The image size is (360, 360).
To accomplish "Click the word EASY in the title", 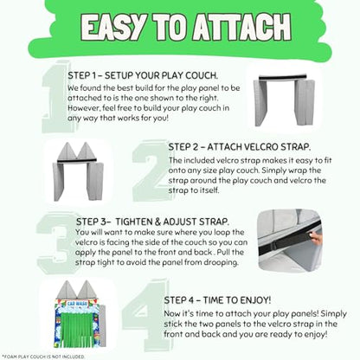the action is [113, 27].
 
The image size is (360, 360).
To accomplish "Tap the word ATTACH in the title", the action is [241, 27].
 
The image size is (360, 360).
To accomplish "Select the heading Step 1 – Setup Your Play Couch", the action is [143, 75].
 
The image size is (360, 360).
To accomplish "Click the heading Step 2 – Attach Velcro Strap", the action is [240, 147].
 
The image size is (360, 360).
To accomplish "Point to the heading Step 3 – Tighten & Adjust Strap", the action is [152, 222].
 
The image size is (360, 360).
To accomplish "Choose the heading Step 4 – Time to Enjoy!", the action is [217, 300].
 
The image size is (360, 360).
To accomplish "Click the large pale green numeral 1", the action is [55, 97].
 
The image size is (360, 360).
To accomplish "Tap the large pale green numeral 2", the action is [150, 170].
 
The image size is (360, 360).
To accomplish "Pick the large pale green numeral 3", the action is [56, 243].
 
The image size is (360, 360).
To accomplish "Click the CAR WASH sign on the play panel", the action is [77, 304].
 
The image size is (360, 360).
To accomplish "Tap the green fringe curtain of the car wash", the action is [79, 330].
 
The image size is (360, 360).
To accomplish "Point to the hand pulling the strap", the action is [315, 238].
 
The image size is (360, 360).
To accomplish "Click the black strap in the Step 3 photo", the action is [289, 238].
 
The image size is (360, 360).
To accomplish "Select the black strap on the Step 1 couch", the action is [283, 77].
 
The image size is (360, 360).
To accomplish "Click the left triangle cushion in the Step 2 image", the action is [67, 151].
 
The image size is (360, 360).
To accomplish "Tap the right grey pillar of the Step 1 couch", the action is [305, 101].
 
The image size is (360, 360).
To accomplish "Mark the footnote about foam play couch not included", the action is [43, 357].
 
